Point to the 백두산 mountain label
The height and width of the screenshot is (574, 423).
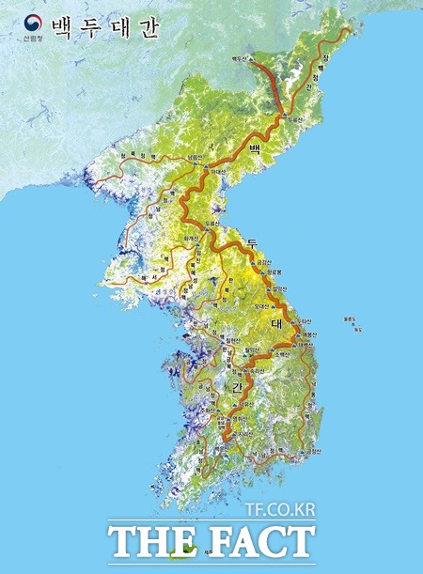(243, 59)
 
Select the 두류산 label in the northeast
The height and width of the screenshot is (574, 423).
(297, 120)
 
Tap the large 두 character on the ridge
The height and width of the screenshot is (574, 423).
(252, 245)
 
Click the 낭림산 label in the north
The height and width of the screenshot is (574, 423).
(195, 157)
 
